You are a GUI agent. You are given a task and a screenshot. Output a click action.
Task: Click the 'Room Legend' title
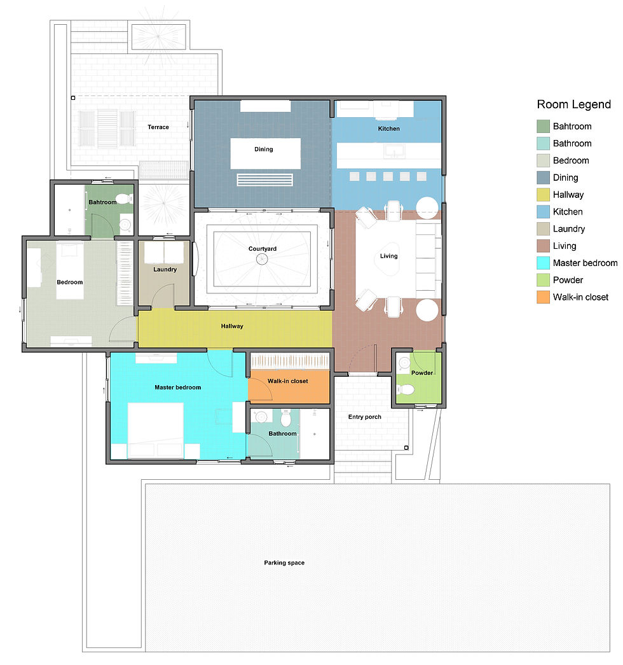point(573,105)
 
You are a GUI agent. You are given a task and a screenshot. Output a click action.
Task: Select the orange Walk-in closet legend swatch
point(543,297)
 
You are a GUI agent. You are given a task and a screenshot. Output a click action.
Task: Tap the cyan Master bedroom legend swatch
point(543,263)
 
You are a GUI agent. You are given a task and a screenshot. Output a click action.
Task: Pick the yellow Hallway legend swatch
point(543,195)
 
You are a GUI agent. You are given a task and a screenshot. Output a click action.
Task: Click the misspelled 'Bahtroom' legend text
point(572,127)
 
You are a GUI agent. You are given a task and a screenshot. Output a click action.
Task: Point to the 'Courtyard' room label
point(263,249)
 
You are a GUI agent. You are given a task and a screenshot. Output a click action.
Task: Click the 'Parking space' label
point(284,563)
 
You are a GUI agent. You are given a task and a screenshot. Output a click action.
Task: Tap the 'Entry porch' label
point(365,417)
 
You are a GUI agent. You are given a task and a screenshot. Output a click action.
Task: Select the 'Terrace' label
point(158,127)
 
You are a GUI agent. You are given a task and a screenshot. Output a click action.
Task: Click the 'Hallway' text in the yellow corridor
point(232,326)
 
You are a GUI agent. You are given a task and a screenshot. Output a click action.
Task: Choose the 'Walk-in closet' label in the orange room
point(287,381)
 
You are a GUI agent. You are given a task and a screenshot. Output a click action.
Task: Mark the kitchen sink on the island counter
point(393,152)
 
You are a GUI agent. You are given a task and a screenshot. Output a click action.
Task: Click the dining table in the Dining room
point(264,153)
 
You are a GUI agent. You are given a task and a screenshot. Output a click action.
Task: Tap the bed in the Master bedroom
point(156,430)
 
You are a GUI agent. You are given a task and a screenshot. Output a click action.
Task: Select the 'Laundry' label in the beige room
point(165,270)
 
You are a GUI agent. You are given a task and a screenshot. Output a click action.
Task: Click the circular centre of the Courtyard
point(262,259)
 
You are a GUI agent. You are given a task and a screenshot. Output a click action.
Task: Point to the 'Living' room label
point(388,256)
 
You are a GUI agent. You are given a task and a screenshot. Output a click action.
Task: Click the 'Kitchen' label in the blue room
point(388,129)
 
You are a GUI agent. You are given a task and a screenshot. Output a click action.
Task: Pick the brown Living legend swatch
point(543,246)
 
